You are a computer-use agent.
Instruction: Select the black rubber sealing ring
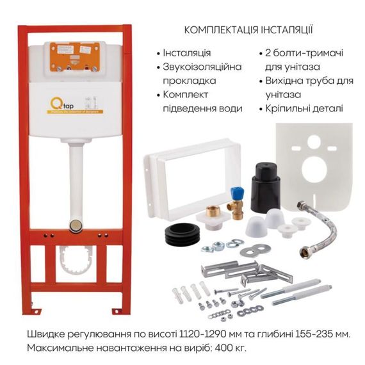[182, 235]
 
